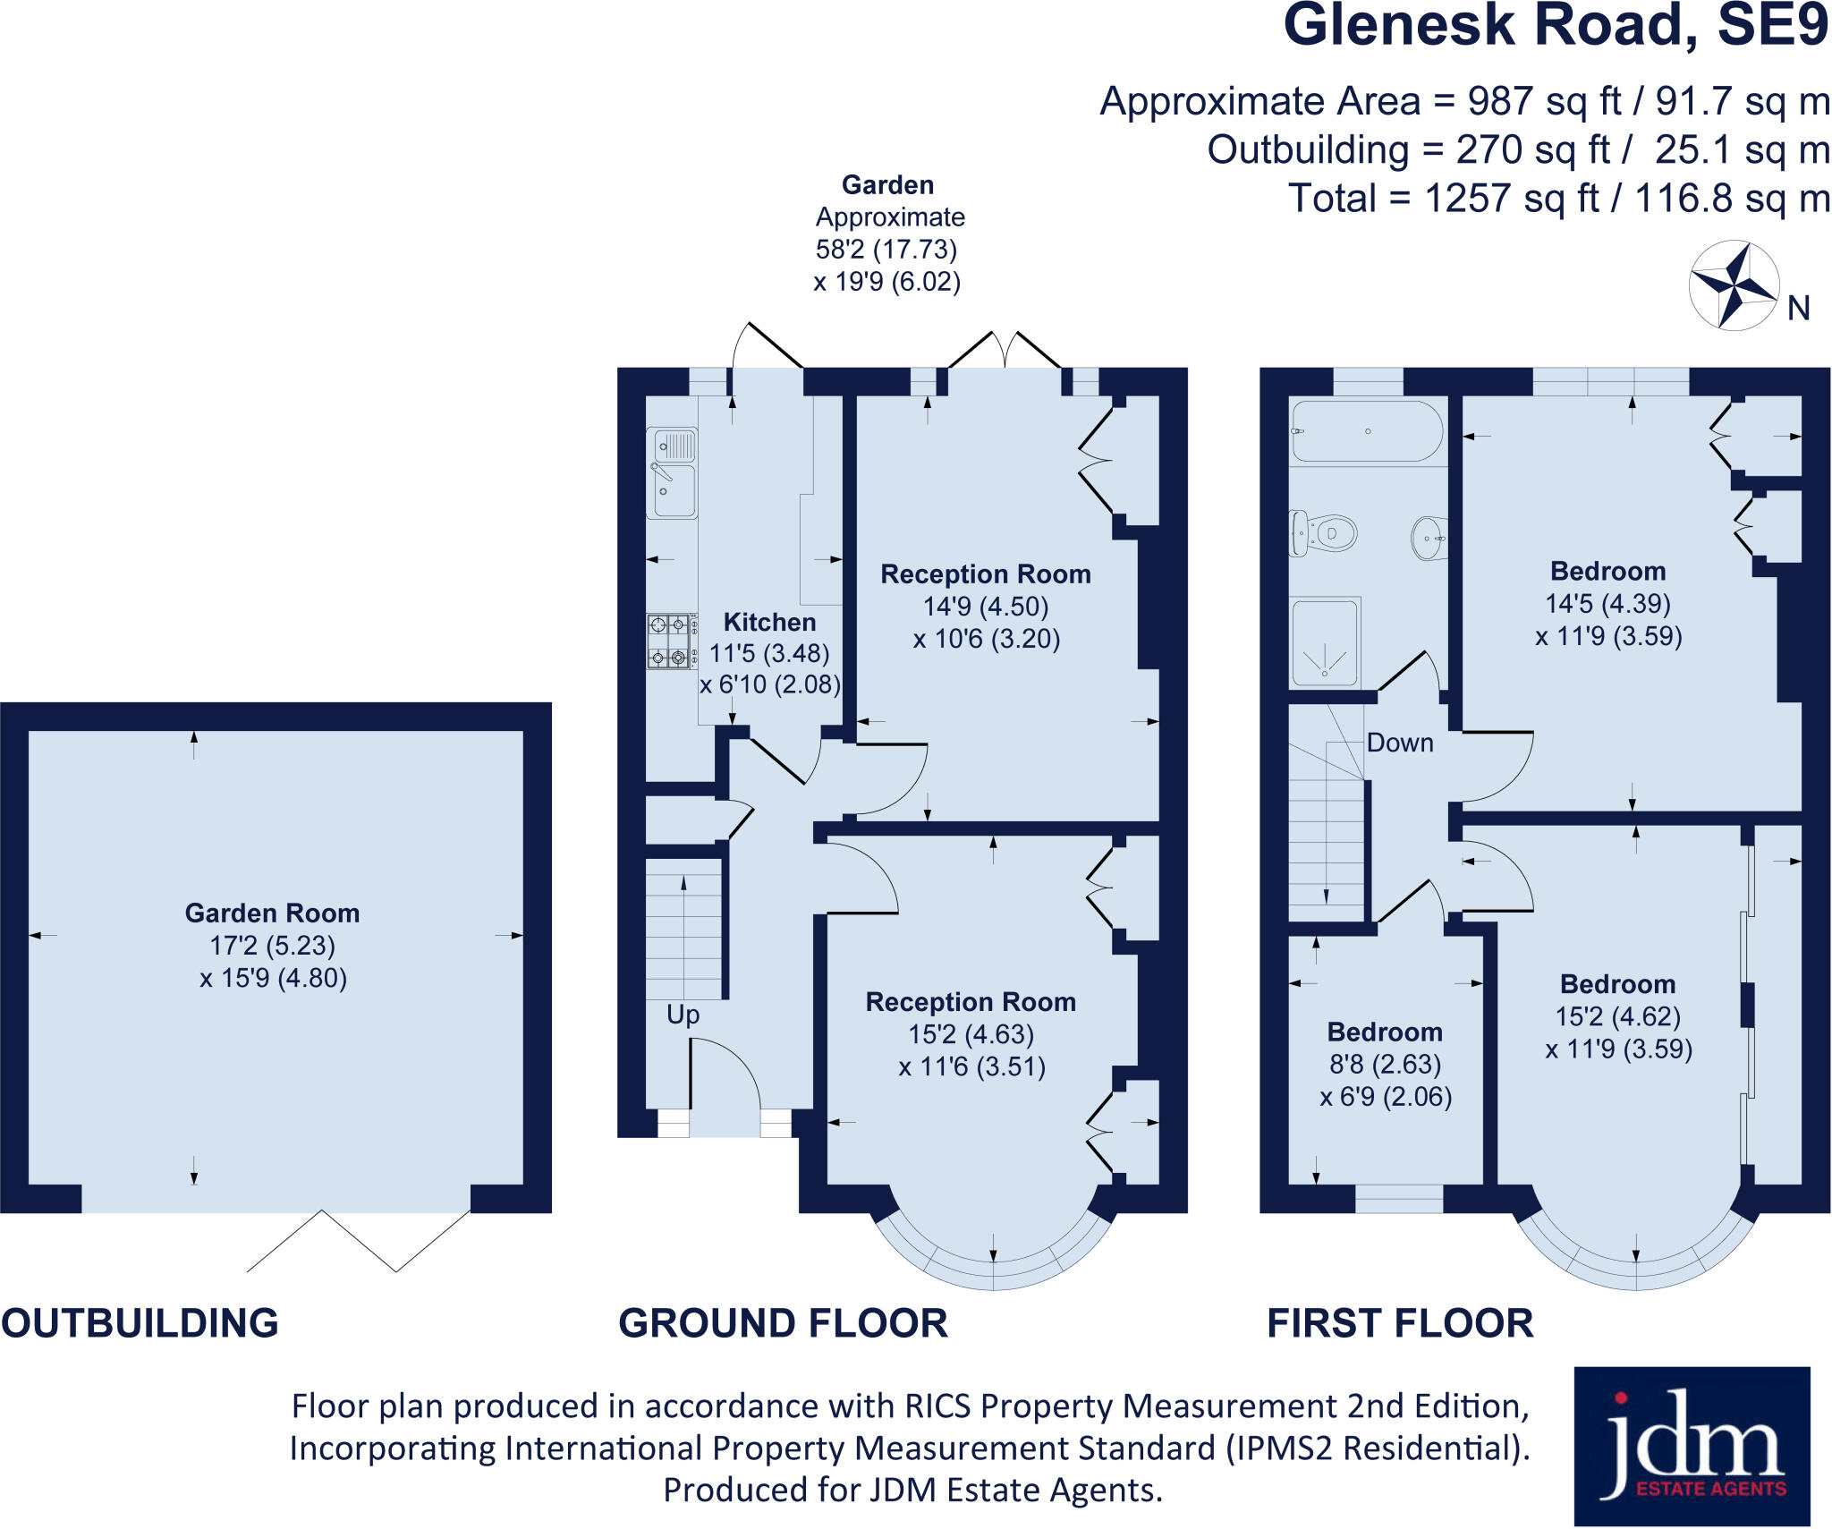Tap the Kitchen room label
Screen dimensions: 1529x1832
[769, 622]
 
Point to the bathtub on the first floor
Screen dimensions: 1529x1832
[1366, 431]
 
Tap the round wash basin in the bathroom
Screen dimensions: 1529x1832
[1429, 538]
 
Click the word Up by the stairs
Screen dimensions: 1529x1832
[683, 1015]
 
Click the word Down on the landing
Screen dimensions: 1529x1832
[1400, 743]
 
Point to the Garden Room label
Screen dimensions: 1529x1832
[272, 913]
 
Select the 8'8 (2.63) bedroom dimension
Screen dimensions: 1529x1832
[1385, 1064]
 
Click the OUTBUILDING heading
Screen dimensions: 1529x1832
[140, 1323]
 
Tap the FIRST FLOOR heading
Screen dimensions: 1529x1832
[1400, 1323]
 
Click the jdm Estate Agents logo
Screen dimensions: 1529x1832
[1692, 1445]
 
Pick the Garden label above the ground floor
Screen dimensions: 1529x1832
[887, 185]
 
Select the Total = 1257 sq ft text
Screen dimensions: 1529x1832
[1558, 198]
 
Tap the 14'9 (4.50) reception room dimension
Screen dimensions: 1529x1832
[985, 606]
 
